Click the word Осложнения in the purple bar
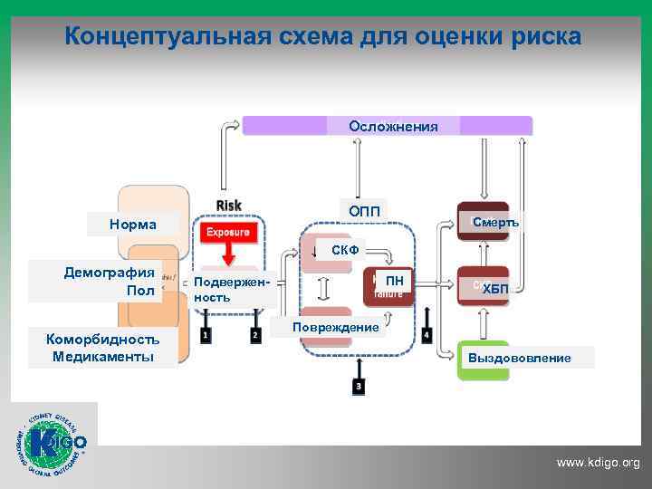coord(393,127)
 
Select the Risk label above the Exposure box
coord(228,206)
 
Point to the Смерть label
coord(495,222)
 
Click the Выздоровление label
coord(519,358)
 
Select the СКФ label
coord(345,249)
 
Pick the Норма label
coord(132,224)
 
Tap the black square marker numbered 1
coord(207,335)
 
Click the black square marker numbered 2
coord(255,335)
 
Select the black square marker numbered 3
coord(359,387)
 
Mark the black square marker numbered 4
coord(427,335)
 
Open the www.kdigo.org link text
coord(598,463)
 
